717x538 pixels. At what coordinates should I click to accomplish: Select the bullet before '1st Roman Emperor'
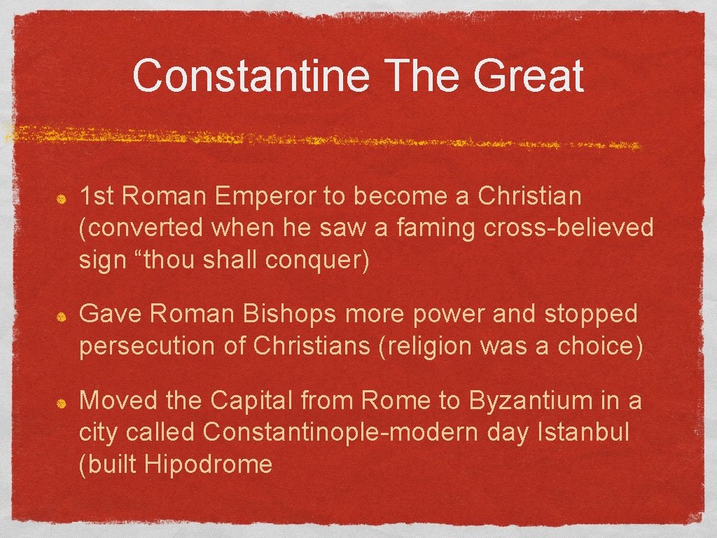tap(62, 199)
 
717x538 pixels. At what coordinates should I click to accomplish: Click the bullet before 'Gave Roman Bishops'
tap(62, 317)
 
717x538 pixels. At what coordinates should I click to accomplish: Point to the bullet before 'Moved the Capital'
tap(62, 404)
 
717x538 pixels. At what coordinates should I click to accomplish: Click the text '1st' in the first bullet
tap(97, 197)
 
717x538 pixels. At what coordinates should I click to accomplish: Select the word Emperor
tap(265, 197)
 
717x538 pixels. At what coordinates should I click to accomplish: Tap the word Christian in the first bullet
tap(529, 197)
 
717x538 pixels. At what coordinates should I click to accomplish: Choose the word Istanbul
tap(583, 432)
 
